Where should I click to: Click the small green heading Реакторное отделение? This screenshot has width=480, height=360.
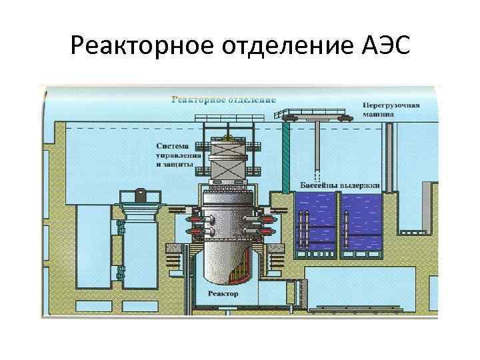pos(223,100)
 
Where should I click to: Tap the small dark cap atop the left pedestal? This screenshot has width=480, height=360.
pos(139,195)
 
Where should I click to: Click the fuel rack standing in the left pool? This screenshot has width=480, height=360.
pos(304,230)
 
